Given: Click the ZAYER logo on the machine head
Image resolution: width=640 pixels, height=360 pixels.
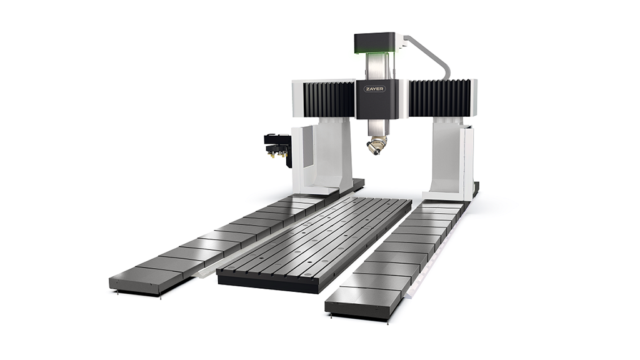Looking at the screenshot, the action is point(374,89).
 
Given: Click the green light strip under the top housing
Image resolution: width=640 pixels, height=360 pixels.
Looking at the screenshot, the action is point(375,51).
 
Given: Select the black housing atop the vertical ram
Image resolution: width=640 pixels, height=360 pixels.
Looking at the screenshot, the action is point(375,41).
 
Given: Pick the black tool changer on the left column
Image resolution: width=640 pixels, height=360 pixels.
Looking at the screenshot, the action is point(277,149).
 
